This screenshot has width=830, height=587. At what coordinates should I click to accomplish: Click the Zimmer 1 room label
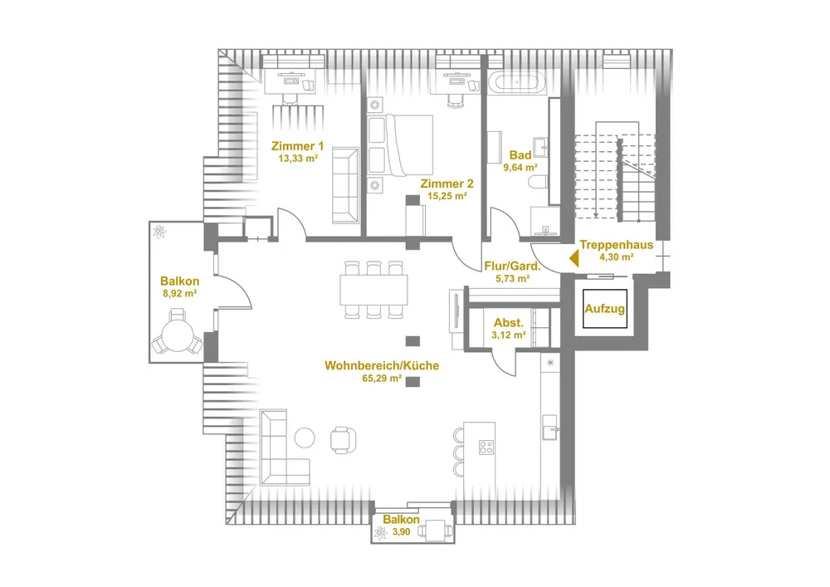coord(299,145)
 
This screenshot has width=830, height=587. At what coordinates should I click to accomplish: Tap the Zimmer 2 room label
coord(447,183)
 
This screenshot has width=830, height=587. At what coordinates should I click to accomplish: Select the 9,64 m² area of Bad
coord(520,166)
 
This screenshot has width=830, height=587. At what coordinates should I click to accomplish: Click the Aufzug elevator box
coord(604,309)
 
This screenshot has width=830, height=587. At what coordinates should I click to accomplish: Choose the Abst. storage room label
coord(509,323)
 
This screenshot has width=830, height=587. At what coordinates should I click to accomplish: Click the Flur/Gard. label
coord(512,267)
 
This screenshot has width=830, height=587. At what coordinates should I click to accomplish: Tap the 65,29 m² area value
coord(382,378)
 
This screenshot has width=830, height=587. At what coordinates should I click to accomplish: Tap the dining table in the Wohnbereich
coord(374,289)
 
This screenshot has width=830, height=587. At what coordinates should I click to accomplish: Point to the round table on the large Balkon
coord(176,337)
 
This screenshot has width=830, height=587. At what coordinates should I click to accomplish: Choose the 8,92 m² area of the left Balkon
coord(178,293)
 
